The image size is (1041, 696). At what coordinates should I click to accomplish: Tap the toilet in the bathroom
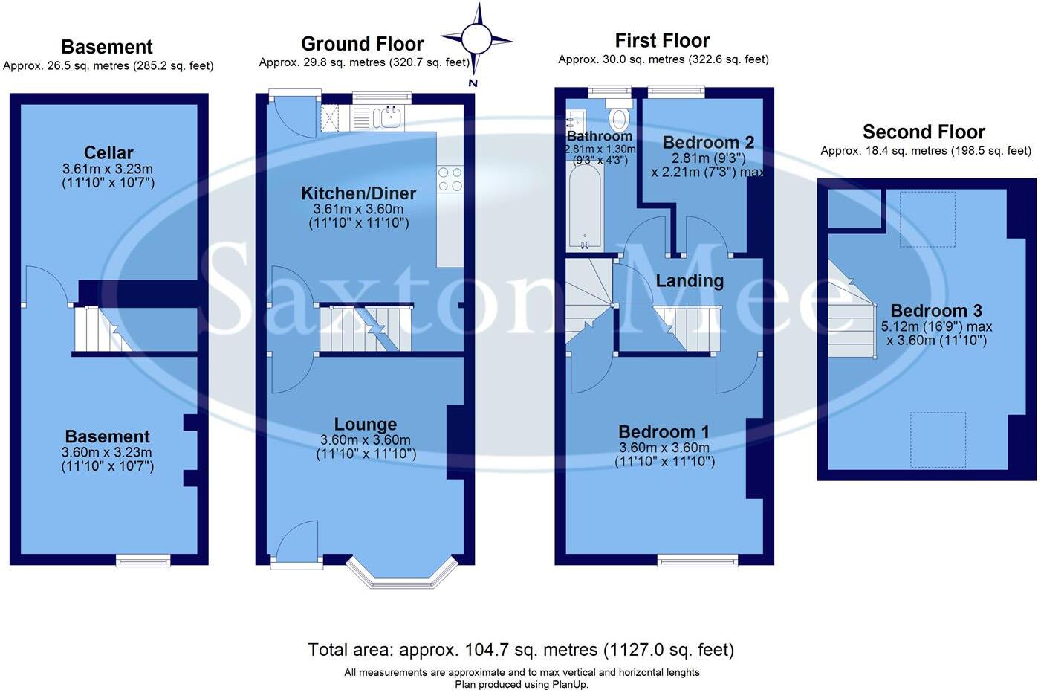tap(618, 116)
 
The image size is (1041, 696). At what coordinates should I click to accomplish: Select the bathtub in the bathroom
tap(585, 205)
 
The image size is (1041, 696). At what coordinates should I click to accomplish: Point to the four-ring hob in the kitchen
tap(450, 179)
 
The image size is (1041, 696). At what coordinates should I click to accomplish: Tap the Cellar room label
tap(108, 153)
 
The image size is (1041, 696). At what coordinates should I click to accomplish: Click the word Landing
tap(690, 281)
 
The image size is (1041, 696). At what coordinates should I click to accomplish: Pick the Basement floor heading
tap(107, 47)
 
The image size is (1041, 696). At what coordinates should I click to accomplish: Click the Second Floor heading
tap(924, 132)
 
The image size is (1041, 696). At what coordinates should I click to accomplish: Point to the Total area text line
tap(521, 650)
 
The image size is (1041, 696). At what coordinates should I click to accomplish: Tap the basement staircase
tap(102, 329)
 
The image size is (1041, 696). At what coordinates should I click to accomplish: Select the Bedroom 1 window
tap(697, 560)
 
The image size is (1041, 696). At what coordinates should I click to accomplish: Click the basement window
tap(143, 560)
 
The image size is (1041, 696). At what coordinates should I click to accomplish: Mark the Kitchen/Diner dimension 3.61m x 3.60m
tap(358, 210)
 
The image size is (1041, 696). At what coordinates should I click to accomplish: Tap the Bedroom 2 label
tap(708, 143)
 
